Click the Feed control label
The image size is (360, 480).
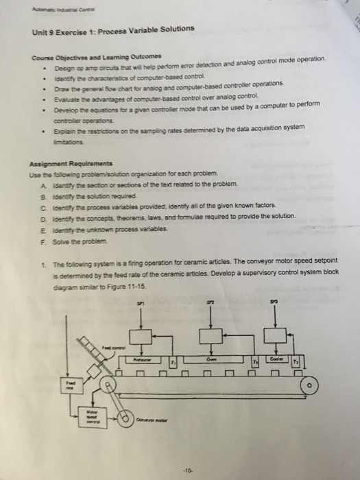[117, 348]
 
